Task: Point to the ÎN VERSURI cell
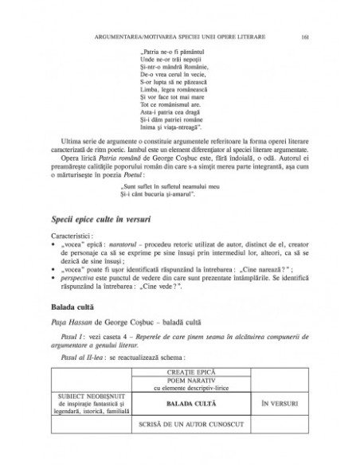click(275, 404)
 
